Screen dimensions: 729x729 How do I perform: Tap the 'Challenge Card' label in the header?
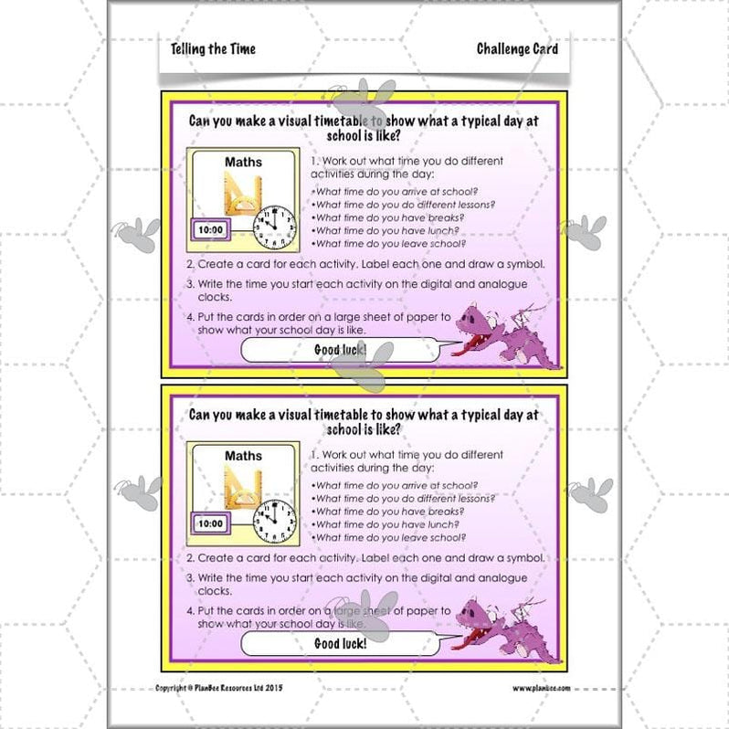pyautogui.click(x=517, y=48)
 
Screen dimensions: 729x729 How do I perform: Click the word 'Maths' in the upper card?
pyautogui.click(x=243, y=163)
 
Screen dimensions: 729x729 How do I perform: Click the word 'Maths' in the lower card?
pyautogui.click(x=243, y=455)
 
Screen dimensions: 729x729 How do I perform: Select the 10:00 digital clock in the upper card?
pyautogui.click(x=210, y=231)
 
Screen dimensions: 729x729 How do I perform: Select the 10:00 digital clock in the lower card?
pyautogui.click(x=210, y=523)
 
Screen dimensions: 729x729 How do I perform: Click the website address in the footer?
pyautogui.click(x=541, y=688)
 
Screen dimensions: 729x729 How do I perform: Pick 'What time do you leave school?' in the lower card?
pyautogui.click(x=389, y=537)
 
